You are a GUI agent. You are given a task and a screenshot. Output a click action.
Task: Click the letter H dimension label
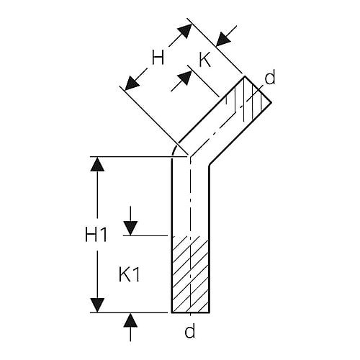coord(158,58)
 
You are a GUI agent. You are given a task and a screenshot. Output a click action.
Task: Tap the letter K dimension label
coord(205,60)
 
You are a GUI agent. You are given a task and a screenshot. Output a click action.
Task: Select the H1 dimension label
coord(96,234)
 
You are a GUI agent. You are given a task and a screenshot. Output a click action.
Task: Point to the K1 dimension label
coord(130,274)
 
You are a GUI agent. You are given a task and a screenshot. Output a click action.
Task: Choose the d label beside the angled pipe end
coord(270,78)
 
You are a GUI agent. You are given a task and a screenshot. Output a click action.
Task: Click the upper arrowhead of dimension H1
coord(97,164)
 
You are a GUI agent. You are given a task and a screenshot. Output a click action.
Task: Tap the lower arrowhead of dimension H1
coord(97,305)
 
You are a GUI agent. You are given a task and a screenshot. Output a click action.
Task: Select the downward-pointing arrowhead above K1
coord(130,228)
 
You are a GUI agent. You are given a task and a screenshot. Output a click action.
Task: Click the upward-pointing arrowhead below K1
coord(130,320)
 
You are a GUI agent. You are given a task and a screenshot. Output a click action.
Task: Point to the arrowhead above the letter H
coord(185,31)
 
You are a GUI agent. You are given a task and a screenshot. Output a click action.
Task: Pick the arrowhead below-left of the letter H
coord(132,83)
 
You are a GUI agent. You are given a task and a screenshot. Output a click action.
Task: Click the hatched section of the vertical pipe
coord(190,274)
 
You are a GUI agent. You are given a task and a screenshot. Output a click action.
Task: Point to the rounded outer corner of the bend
coord(174,149)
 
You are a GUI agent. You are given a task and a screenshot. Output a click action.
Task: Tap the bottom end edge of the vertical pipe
coord(191,312)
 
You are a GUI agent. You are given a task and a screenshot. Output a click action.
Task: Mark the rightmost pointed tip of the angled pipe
coord(271,102)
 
